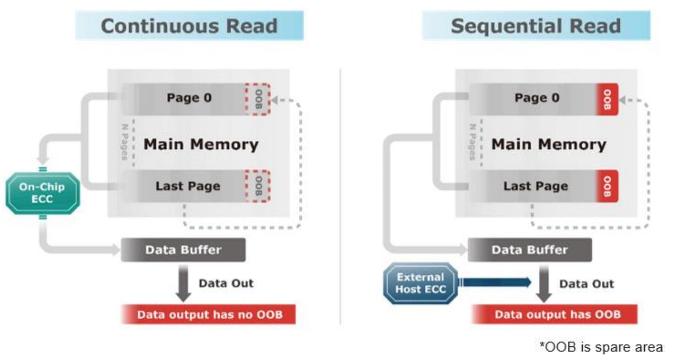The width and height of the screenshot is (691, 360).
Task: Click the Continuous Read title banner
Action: [189, 26]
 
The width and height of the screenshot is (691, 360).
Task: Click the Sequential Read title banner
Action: [536, 26]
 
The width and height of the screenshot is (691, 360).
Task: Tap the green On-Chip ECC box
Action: [42, 193]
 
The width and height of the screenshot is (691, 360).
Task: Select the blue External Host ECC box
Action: [420, 283]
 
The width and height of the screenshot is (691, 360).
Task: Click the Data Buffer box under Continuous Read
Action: [183, 250]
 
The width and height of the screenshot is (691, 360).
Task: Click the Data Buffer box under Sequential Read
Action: [530, 250]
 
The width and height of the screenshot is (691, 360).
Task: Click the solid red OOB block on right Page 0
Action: [607, 99]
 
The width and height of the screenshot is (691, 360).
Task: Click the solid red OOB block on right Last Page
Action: [607, 186]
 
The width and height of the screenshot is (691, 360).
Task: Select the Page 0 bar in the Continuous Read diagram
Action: [189, 98]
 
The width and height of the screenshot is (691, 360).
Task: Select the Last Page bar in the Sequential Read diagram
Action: [535, 186]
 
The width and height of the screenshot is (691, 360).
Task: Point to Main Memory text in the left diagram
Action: [201, 145]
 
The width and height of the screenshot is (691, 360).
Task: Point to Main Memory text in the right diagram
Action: [548, 145]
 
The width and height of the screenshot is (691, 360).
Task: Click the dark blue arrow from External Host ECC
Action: [496, 282]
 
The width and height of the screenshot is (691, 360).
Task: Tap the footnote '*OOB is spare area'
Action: [601, 347]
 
